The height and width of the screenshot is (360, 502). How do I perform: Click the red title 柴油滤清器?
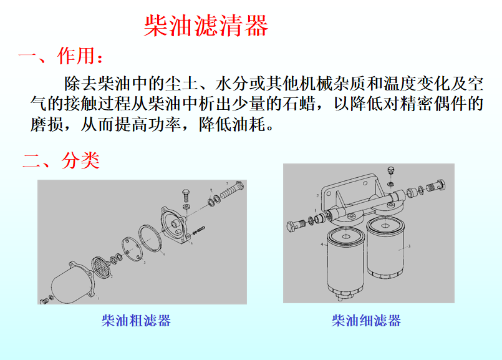click(x=206, y=26)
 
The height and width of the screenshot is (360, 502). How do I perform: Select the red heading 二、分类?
click(x=61, y=160)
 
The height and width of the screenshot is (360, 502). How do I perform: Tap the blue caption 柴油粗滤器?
click(x=136, y=320)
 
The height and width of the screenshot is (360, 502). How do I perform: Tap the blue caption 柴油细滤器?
click(x=366, y=320)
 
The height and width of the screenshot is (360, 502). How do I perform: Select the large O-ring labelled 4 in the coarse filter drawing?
click(x=150, y=238)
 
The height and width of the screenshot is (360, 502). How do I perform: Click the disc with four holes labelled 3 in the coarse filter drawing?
click(x=131, y=249)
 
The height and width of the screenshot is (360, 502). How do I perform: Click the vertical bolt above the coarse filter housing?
click(x=186, y=195)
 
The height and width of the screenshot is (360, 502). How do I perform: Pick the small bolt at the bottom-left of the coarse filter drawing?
click(x=44, y=301)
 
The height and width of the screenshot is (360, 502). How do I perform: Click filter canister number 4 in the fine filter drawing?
click(x=345, y=263)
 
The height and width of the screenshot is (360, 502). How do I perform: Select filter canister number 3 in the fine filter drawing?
click(x=385, y=248)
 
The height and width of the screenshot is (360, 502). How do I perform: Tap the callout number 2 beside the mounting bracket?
click(x=317, y=195)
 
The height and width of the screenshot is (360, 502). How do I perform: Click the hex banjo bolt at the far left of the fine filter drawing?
click(x=296, y=225)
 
